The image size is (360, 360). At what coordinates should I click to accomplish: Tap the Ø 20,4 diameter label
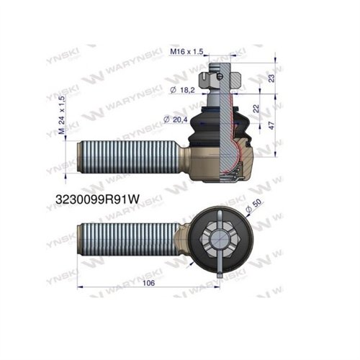(x=177, y=118)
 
